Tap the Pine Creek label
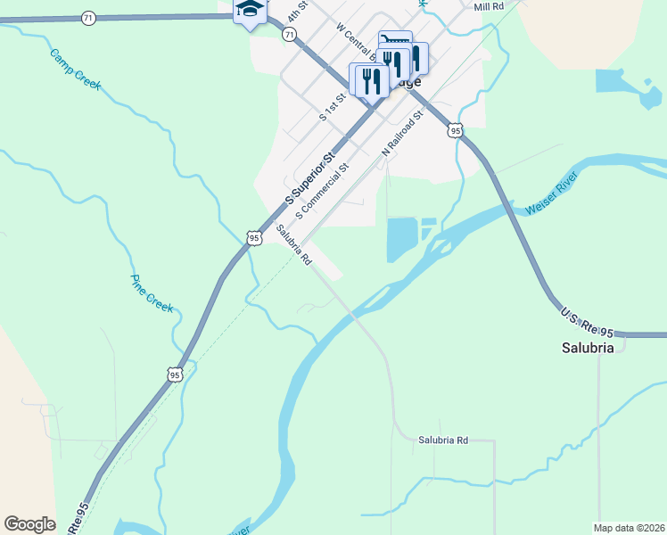(x=152, y=292)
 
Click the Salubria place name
(x=588, y=348)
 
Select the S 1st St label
(x=332, y=106)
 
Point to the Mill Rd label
(x=490, y=6)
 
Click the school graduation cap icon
(x=250, y=11)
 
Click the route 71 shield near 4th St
(x=288, y=33)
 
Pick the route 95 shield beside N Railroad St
(x=456, y=130)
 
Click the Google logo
(x=30, y=524)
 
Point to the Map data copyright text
(x=629, y=528)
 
